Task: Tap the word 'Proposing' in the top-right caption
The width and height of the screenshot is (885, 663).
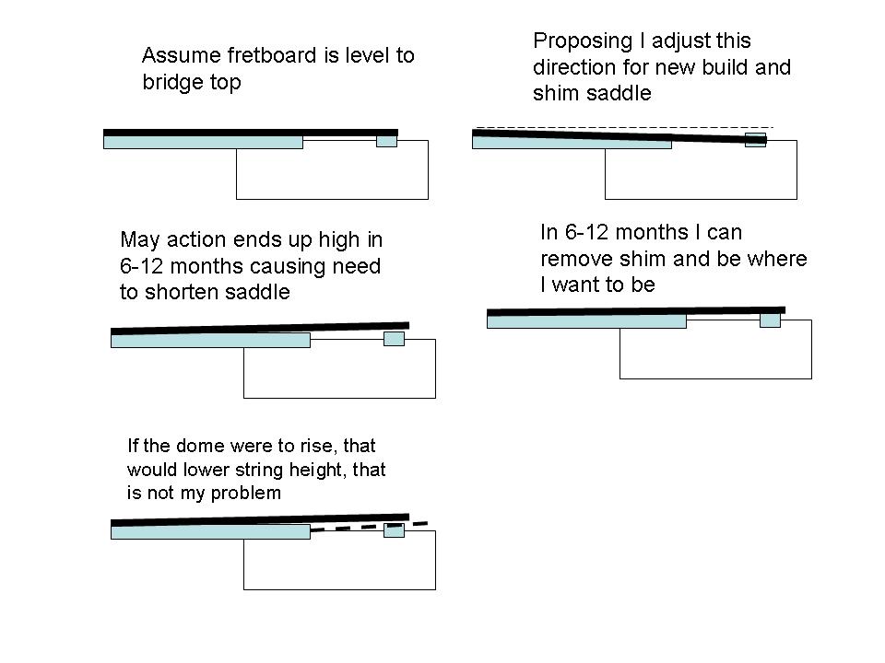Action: (x=583, y=41)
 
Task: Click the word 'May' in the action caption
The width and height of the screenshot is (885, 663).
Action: (x=139, y=240)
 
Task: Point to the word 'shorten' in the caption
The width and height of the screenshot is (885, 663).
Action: (x=182, y=292)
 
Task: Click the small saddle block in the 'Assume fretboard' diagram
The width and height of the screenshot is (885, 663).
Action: (x=386, y=139)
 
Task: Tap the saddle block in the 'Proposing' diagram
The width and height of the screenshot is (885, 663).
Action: (x=755, y=140)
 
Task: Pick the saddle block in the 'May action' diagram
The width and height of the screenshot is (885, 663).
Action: (x=394, y=338)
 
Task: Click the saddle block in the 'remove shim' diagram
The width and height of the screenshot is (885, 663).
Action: (x=770, y=320)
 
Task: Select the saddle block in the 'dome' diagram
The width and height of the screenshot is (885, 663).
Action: (x=394, y=530)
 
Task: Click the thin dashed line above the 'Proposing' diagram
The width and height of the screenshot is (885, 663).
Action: (x=625, y=127)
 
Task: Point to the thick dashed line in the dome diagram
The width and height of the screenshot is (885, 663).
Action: (x=369, y=527)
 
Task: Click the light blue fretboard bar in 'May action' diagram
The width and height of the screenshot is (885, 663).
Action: (x=210, y=341)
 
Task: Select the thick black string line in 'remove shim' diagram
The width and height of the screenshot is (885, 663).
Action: (x=636, y=310)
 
